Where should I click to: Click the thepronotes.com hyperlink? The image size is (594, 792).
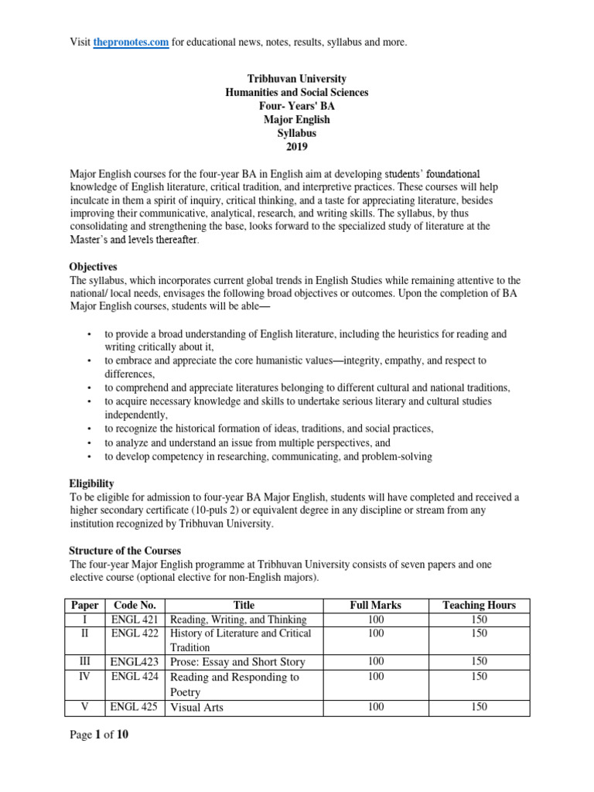point(131,42)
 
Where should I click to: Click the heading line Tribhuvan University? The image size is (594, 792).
point(296,79)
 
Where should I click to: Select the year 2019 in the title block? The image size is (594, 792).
point(296,147)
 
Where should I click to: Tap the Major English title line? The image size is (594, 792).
point(296,120)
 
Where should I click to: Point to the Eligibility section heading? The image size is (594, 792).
point(92,483)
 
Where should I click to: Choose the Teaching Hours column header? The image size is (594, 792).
point(478,605)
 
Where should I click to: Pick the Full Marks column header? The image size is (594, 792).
point(375,605)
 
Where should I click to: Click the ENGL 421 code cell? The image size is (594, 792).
point(135,619)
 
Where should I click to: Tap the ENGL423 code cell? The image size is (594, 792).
point(135,662)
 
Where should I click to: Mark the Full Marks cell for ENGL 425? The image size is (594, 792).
point(375,707)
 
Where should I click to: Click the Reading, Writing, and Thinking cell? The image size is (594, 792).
point(238,619)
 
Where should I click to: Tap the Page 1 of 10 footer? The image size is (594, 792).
point(99,736)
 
